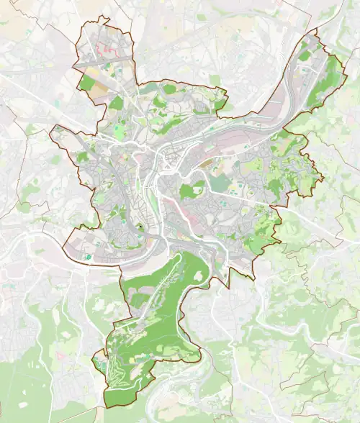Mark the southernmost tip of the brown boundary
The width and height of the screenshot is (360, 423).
(106, 408)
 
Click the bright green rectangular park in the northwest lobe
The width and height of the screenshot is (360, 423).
(86, 83)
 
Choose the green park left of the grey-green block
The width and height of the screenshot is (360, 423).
(190, 191)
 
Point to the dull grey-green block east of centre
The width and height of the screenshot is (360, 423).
(217, 183)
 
